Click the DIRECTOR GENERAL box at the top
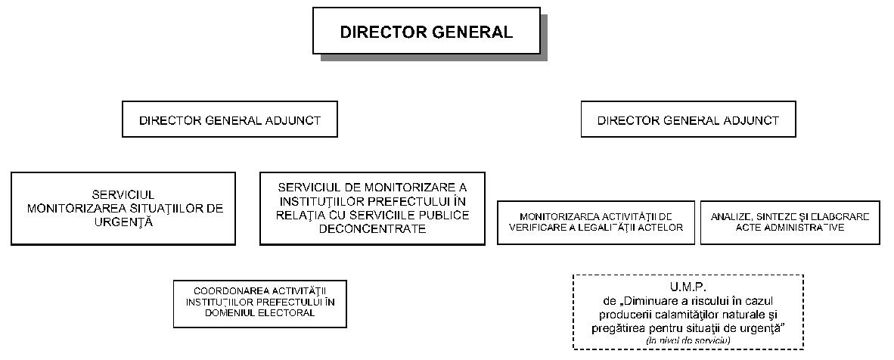click(426, 32)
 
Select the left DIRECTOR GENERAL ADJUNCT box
click(230, 120)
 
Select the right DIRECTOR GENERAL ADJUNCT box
click(688, 120)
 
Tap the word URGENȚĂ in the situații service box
click(123, 222)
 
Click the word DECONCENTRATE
click(372, 228)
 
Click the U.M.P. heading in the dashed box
click(688, 287)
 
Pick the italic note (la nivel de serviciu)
click(688, 342)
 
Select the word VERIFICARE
click(541, 227)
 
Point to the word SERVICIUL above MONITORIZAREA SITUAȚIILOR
click(123, 195)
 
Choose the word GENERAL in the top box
click(471, 32)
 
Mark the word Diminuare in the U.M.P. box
click(648, 301)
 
